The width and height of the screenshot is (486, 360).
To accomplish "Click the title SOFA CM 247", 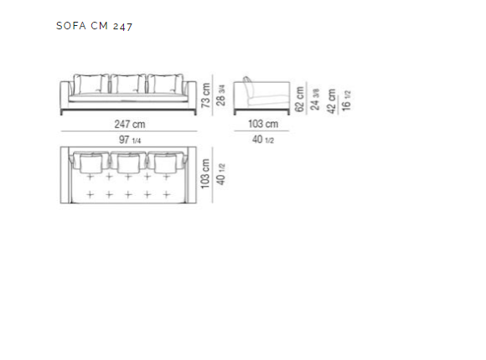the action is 94,26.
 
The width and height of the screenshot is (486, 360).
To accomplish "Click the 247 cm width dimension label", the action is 130,124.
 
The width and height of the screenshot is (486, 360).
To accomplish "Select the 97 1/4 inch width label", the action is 130,140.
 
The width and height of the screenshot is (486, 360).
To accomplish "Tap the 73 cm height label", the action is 206,95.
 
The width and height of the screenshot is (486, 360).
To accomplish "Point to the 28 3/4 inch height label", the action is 220,95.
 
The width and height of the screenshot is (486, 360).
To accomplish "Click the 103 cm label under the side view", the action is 263,124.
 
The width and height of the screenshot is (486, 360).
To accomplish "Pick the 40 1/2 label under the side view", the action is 263,140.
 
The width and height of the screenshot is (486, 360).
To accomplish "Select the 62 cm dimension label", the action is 299,99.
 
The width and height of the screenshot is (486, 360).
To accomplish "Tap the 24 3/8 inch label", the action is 314,99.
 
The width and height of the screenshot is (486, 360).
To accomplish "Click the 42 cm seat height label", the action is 331,101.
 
